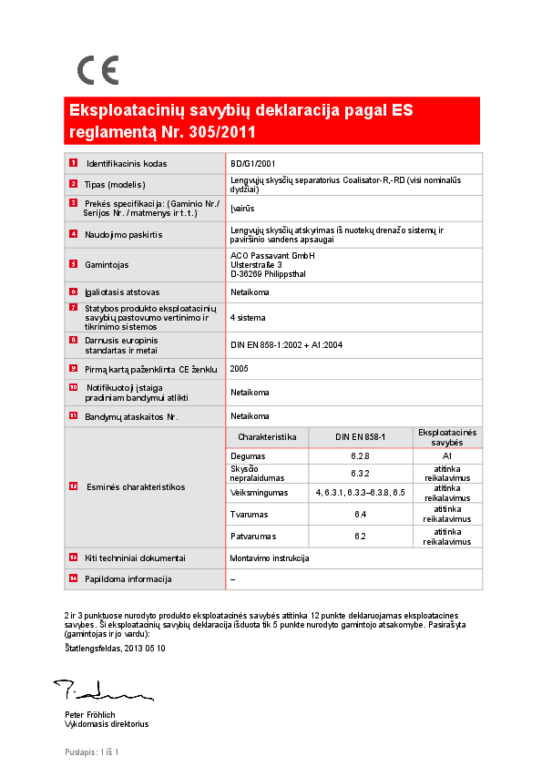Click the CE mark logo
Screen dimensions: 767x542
pos(97,70)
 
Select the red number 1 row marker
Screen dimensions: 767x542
pos(73,163)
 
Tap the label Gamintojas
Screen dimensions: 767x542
pos(107,265)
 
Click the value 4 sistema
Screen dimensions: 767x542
pos(249,318)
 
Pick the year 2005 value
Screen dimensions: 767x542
pos(240,368)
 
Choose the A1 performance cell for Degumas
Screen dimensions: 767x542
pos(447,455)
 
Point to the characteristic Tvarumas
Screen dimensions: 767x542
pos(248,515)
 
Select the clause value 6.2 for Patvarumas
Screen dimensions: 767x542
pos(360,536)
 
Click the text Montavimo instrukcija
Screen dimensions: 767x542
pos(271,557)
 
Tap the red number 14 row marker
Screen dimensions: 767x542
pos(73,578)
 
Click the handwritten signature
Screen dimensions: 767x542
pos(92,690)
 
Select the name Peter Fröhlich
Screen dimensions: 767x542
pos(90,715)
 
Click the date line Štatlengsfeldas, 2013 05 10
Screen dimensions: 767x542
pos(114,648)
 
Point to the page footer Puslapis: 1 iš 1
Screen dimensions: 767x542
pos(92,752)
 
